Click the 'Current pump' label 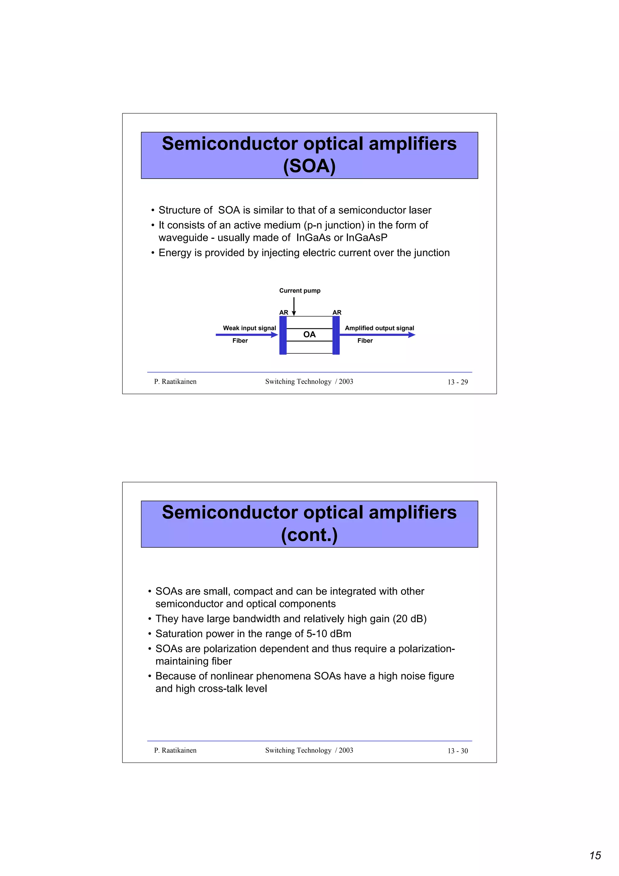[x=300, y=291]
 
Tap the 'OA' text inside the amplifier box [x=309, y=335]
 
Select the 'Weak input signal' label [x=249, y=328]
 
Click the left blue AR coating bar [x=283, y=335]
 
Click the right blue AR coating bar [x=336, y=335]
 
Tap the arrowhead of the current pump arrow [x=294, y=313]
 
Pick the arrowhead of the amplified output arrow [x=412, y=335]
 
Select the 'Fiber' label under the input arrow [x=240, y=341]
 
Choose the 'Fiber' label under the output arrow [x=365, y=341]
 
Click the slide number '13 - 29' [x=458, y=382]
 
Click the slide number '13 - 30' [x=458, y=751]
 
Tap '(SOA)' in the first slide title [x=309, y=166]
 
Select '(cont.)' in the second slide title [x=309, y=535]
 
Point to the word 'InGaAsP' [x=367, y=238]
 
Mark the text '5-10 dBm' [x=329, y=634]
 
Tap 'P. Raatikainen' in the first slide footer [x=175, y=381]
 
